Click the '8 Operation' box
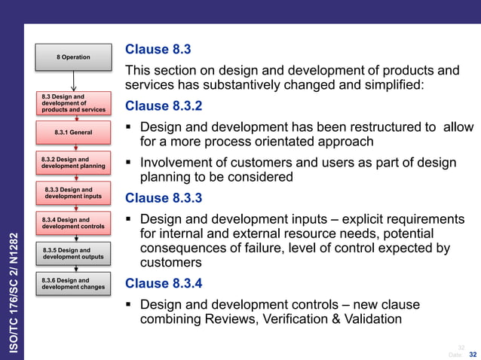[73, 57]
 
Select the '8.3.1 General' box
[73, 133]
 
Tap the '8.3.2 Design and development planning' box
[74, 163]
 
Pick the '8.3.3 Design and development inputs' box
[74, 193]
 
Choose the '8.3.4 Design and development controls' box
[74, 223]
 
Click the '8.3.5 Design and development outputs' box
[74, 254]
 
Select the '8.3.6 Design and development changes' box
[74, 283]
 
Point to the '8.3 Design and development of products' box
[74, 103]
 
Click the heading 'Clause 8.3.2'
[164, 105]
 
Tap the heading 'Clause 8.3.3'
[164, 199]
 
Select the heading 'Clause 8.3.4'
[164, 283]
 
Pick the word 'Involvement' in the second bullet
[176, 163]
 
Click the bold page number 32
[473, 354]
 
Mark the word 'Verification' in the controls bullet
[290, 320]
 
